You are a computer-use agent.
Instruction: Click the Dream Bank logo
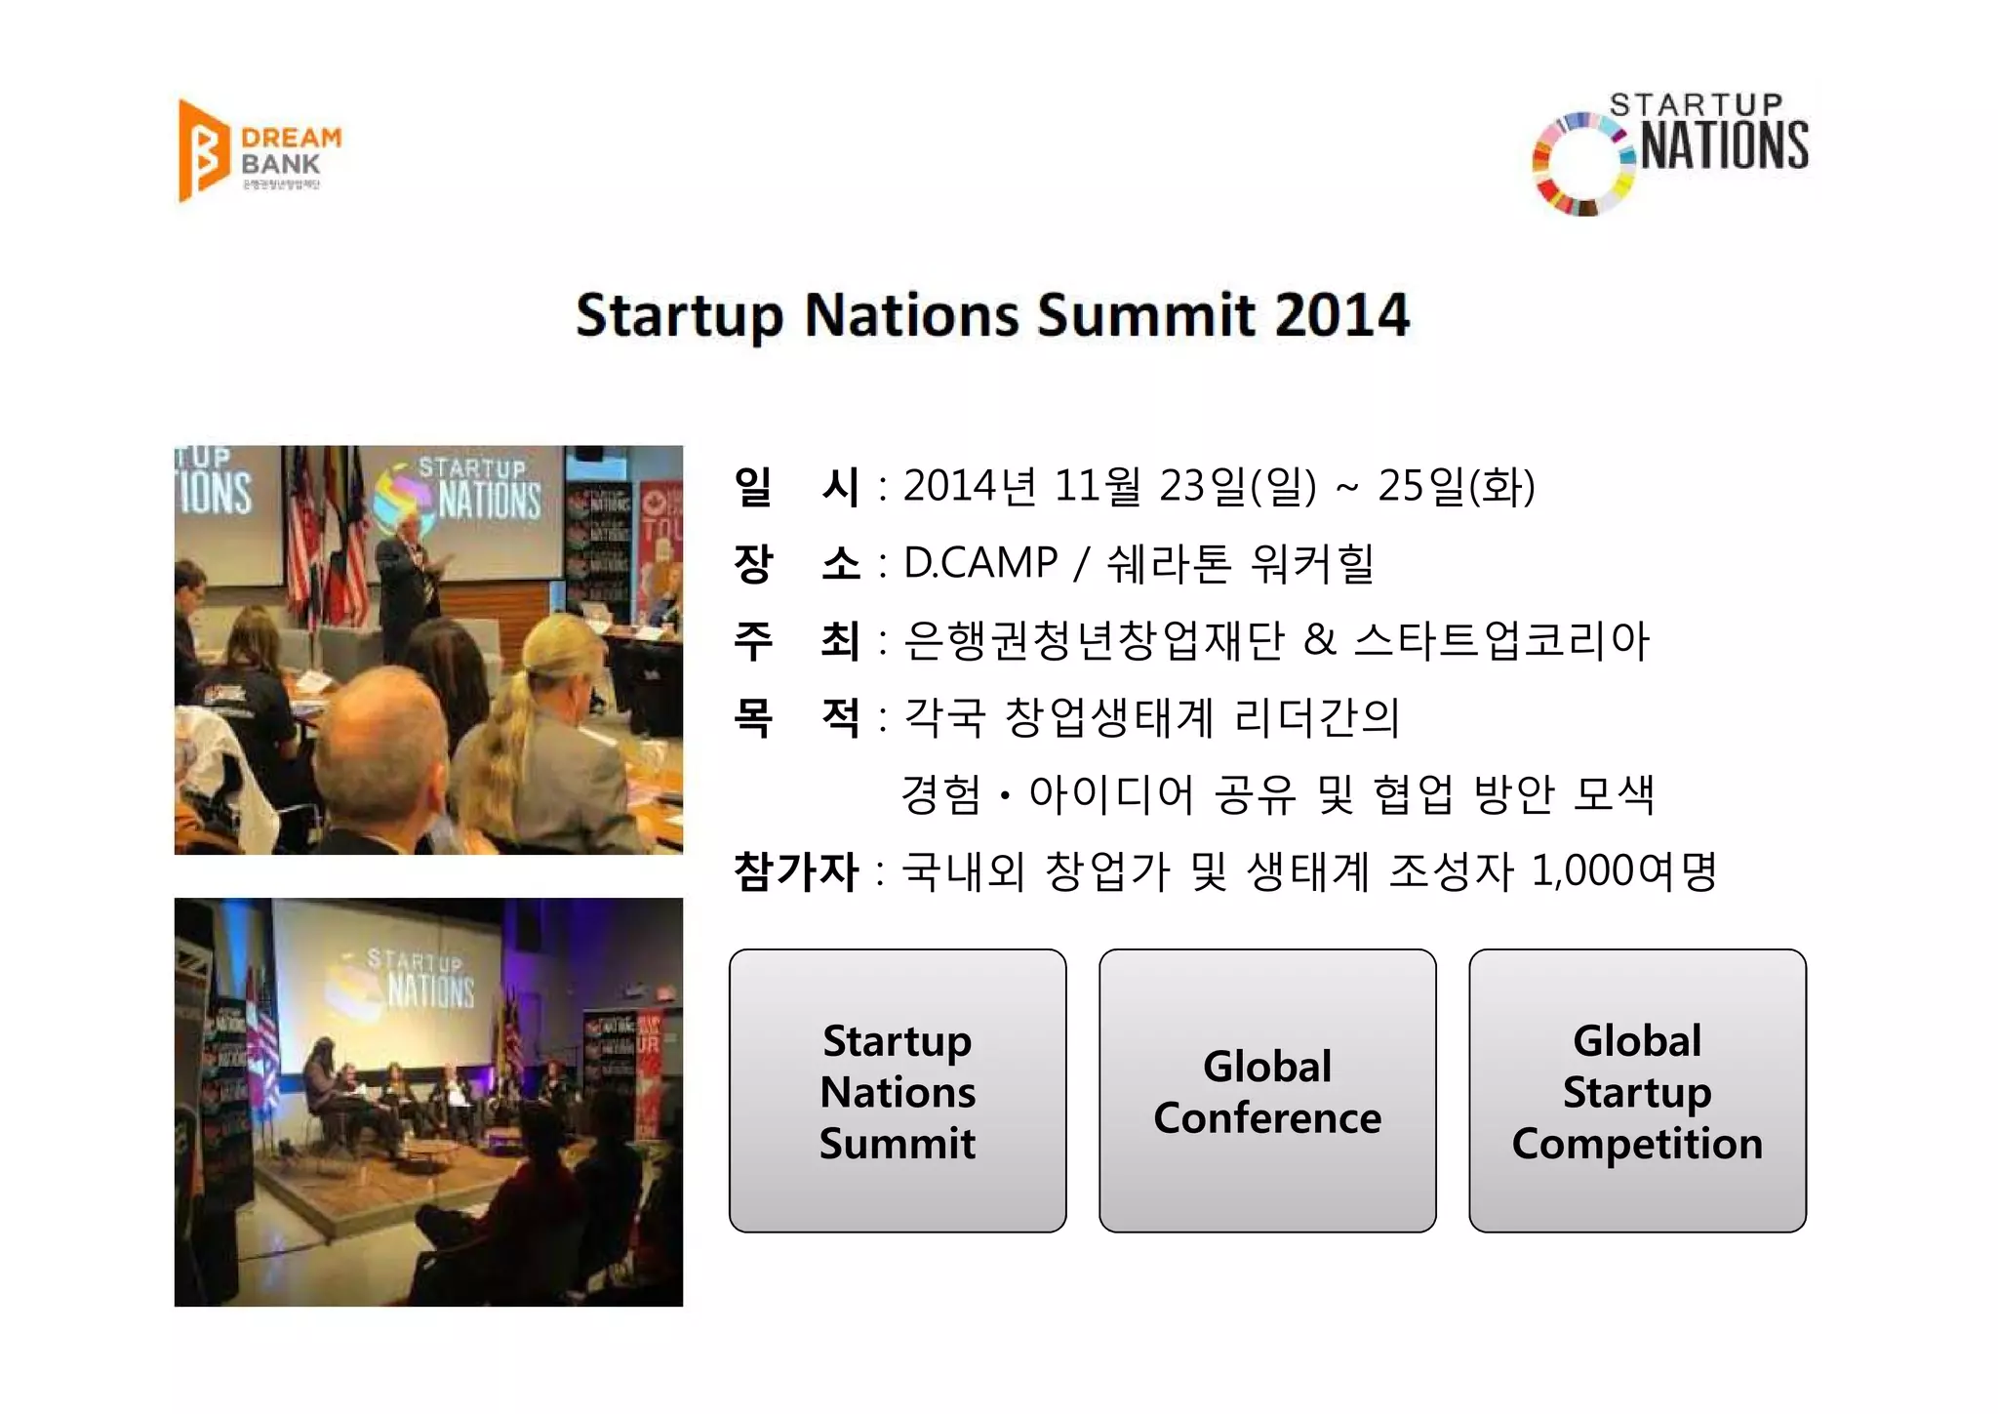260,151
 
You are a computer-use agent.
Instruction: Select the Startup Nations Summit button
897,1090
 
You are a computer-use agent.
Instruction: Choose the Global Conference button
1266,1090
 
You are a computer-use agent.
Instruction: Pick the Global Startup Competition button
1636,1090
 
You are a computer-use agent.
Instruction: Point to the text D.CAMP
979,562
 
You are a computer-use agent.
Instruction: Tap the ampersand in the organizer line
1319,639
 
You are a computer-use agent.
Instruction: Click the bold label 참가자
795,870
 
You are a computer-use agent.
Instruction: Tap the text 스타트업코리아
1500,639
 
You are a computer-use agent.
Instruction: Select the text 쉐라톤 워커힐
1239,562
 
